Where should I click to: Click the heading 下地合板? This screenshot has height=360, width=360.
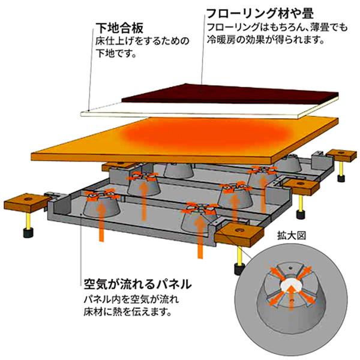click(119, 28)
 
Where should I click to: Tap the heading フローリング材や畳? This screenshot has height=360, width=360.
click(260, 13)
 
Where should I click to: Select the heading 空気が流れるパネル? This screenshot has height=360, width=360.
click(137, 284)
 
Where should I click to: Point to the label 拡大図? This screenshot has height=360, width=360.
click(292, 236)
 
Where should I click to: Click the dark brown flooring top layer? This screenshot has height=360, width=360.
click(230, 94)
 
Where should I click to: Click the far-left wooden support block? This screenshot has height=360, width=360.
click(28, 202)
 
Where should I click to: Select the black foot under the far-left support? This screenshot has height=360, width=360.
click(28, 232)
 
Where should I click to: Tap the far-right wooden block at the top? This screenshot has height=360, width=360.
click(342, 155)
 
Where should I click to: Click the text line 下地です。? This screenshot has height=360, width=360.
click(115, 53)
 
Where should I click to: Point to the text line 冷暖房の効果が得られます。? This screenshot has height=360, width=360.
click(266, 40)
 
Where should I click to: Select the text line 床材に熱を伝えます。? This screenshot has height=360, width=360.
click(128, 312)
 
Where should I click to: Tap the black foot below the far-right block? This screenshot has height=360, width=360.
click(341, 178)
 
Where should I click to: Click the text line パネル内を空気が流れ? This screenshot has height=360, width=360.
click(131, 299)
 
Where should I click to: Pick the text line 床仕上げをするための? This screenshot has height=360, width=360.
click(142, 41)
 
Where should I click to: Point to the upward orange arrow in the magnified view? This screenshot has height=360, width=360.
click(291, 298)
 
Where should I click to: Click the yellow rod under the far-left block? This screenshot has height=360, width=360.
click(28, 220)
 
